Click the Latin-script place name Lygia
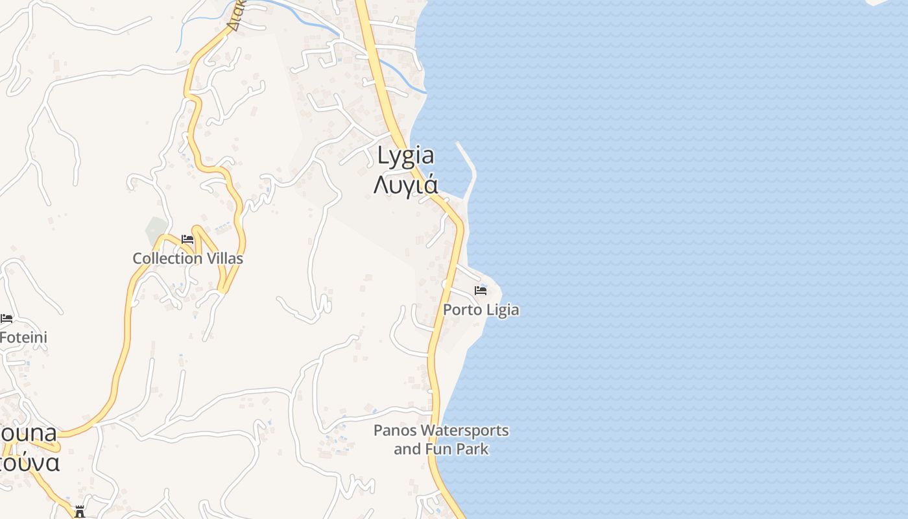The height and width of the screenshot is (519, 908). pyautogui.click(x=405, y=156)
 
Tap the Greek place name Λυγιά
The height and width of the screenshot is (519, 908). pyautogui.click(x=405, y=185)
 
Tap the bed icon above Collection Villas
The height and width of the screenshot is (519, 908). pyautogui.click(x=187, y=239)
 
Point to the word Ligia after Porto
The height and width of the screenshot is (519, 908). pyautogui.click(x=503, y=309)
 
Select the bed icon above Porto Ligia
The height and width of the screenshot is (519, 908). pyautogui.click(x=481, y=290)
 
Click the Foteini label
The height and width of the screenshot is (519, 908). pyautogui.click(x=23, y=337)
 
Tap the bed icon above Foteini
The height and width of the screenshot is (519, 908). pyautogui.click(x=6, y=318)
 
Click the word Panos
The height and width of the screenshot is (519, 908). pyautogui.click(x=395, y=430)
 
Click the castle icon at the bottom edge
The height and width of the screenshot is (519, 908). pyautogui.click(x=80, y=512)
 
